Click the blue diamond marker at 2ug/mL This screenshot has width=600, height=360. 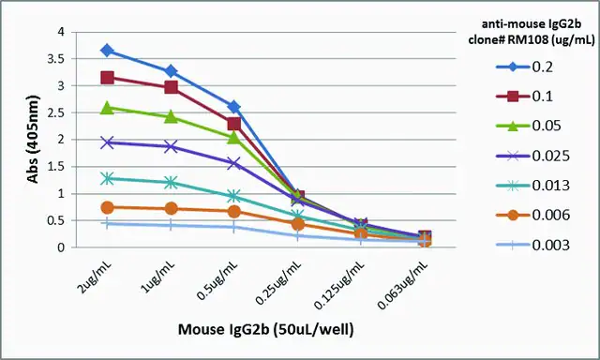(x=107, y=51)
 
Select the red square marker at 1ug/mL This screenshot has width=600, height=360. (x=171, y=87)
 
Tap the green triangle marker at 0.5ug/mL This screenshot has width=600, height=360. (x=234, y=137)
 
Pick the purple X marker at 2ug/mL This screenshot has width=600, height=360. (x=107, y=142)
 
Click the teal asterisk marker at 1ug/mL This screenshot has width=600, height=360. (x=171, y=183)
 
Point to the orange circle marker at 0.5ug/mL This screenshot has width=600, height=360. (x=234, y=212)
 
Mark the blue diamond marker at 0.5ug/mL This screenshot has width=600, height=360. (x=234, y=107)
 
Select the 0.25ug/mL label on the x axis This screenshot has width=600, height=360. (x=278, y=283)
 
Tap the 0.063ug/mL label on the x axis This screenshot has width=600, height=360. (x=402, y=285)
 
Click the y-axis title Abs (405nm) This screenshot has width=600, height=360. (x=34, y=140)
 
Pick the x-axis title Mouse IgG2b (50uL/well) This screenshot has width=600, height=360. (x=266, y=329)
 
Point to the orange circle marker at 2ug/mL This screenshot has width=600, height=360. (x=107, y=207)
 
